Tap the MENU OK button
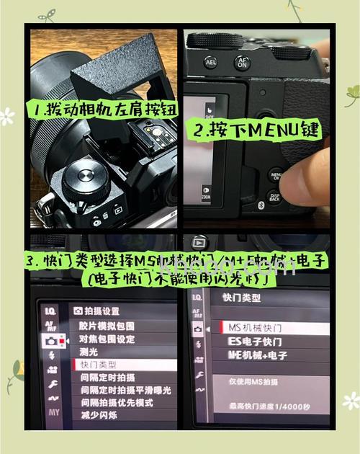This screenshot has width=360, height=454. (x=276, y=175)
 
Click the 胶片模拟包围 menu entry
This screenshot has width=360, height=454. (x=107, y=326)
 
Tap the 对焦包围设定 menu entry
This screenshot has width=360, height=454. (x=107, y=339)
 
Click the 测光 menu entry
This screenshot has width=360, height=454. (x=89, y=352)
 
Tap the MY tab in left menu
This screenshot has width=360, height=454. (x=54, y=413)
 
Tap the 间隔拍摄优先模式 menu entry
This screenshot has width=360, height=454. (x=116, y=402)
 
